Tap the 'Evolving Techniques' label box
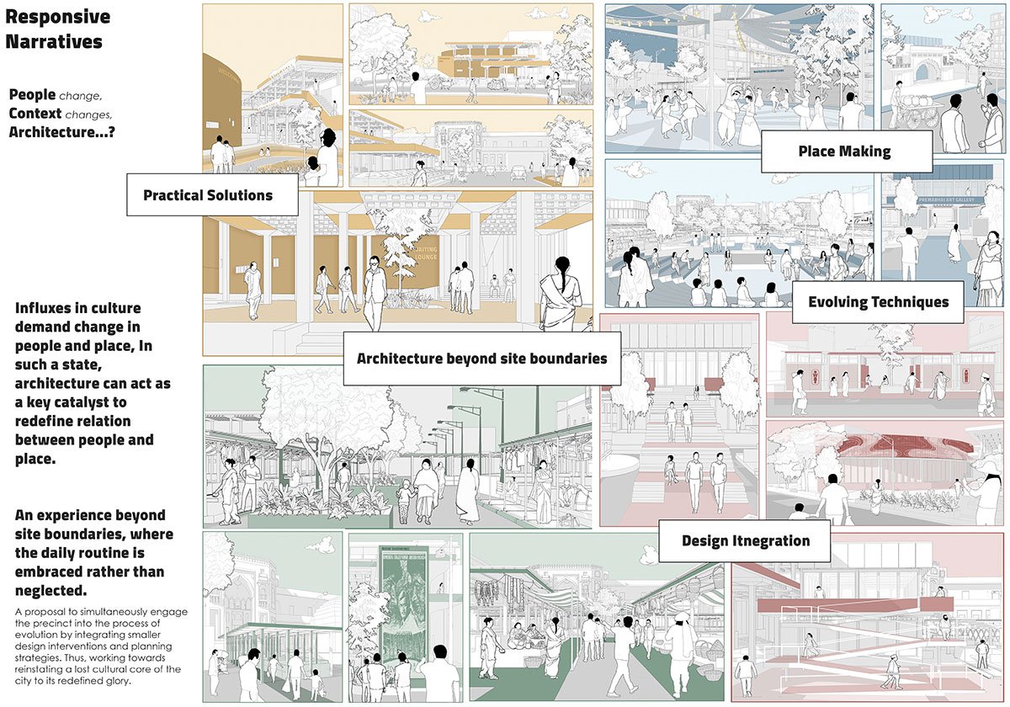point(878,302)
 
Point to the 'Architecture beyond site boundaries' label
point(481,358)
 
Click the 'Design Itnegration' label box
point(745,540)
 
